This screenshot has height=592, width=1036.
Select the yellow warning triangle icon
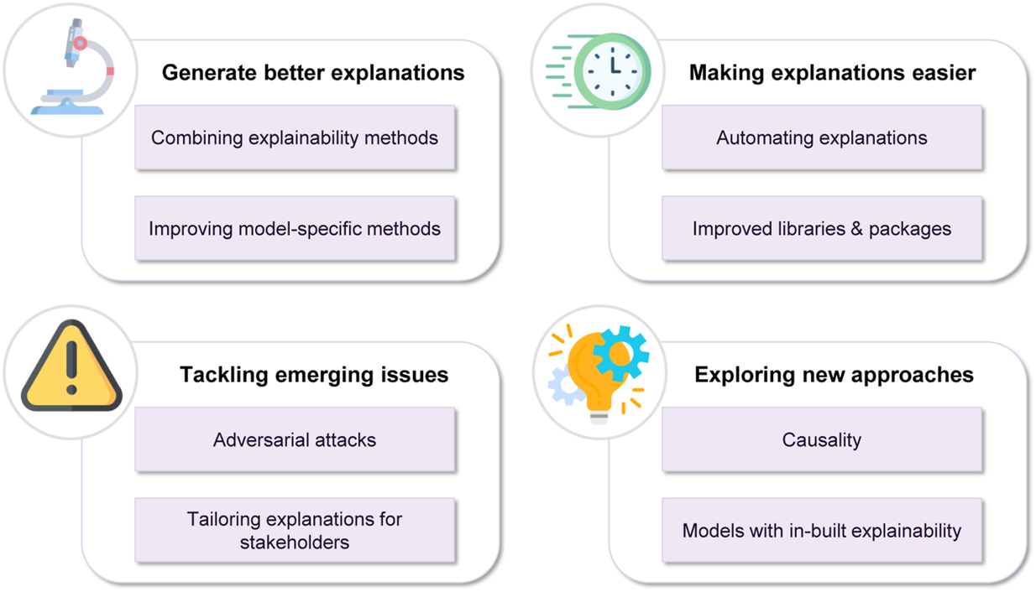71,368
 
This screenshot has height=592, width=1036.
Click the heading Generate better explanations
312,73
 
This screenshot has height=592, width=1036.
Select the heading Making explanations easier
832,73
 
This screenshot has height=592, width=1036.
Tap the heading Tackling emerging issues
314,374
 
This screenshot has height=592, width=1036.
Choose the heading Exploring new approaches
834,374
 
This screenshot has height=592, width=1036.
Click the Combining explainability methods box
295,138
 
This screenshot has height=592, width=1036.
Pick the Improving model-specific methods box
295,228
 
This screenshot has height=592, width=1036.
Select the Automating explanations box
822,138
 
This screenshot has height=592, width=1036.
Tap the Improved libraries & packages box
822,228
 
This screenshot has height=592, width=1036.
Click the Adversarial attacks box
295,439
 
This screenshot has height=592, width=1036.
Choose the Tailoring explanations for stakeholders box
295,530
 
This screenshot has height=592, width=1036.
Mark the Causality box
822,439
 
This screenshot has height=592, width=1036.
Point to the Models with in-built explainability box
822,530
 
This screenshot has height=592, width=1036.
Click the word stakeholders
295,542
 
